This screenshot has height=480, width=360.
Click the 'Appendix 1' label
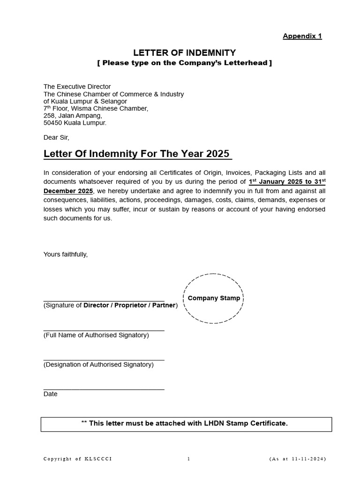[x=302, y=36]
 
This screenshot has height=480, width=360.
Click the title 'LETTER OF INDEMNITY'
[x=185, y=52]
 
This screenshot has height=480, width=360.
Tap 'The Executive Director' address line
[x=77, y=87]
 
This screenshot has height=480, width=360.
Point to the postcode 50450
[x=52, y=123]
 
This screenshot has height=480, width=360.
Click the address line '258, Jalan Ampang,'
[x=72, y=115]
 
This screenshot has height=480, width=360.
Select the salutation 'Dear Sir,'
[x=56, y=137]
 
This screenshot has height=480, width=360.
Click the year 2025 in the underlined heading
[x=217, y=154]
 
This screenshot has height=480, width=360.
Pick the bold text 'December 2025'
[x=68, y=191]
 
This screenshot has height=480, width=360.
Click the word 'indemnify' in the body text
[x=217, y=191]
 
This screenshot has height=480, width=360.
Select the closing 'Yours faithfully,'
[x=66, y=255]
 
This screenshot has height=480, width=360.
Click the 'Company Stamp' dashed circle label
[x=214, y=298]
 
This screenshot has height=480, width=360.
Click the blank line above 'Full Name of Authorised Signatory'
[x=104, y=330]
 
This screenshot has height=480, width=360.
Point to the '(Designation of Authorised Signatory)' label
[x=98, y=365]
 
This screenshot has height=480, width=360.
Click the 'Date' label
[x=51, y=394]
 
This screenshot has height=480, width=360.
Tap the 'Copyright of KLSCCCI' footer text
[x=77, y=459]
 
